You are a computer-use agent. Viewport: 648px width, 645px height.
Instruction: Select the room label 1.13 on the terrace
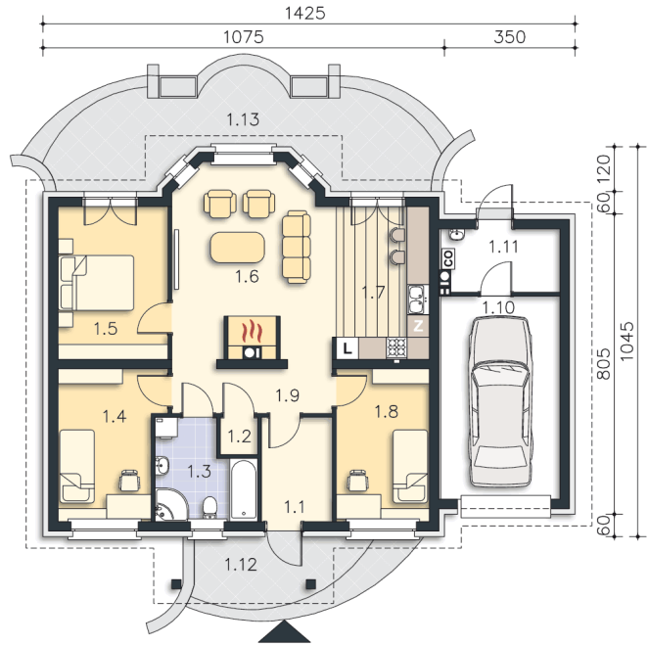[x=243, y=119]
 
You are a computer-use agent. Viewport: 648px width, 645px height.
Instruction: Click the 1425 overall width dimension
[x=305, y=14]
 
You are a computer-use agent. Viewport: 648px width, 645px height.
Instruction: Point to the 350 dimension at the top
[x=510, y=37]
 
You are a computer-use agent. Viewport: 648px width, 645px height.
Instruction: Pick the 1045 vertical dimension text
[x=627, y=341]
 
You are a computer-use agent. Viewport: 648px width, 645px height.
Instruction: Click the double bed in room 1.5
[x=97, y=282]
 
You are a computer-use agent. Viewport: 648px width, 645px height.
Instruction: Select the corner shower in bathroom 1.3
[x=171, y=503]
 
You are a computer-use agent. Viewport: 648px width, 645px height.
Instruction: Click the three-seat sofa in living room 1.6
[x=297, y=247]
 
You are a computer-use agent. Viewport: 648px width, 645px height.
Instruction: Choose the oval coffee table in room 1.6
[x=237, y=247]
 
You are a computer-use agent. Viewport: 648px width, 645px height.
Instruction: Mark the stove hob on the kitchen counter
[x=396, y=347]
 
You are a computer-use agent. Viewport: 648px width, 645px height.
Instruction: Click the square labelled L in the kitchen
[x=347, y=348]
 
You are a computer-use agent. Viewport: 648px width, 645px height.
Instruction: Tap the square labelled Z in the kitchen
[x=418, y=326]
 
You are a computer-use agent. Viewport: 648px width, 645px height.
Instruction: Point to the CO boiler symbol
[x=448, y=258]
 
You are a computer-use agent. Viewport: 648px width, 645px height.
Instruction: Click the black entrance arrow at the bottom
[x=285, y=631]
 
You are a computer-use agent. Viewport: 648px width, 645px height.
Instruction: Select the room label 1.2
[x=239, y=437]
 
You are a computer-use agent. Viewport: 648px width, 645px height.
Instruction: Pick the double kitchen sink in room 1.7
[x=418, y=299]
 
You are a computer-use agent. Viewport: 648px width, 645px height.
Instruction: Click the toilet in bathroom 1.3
[x=209, y=508]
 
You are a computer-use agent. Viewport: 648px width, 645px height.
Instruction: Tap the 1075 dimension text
[x=244, y=37]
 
